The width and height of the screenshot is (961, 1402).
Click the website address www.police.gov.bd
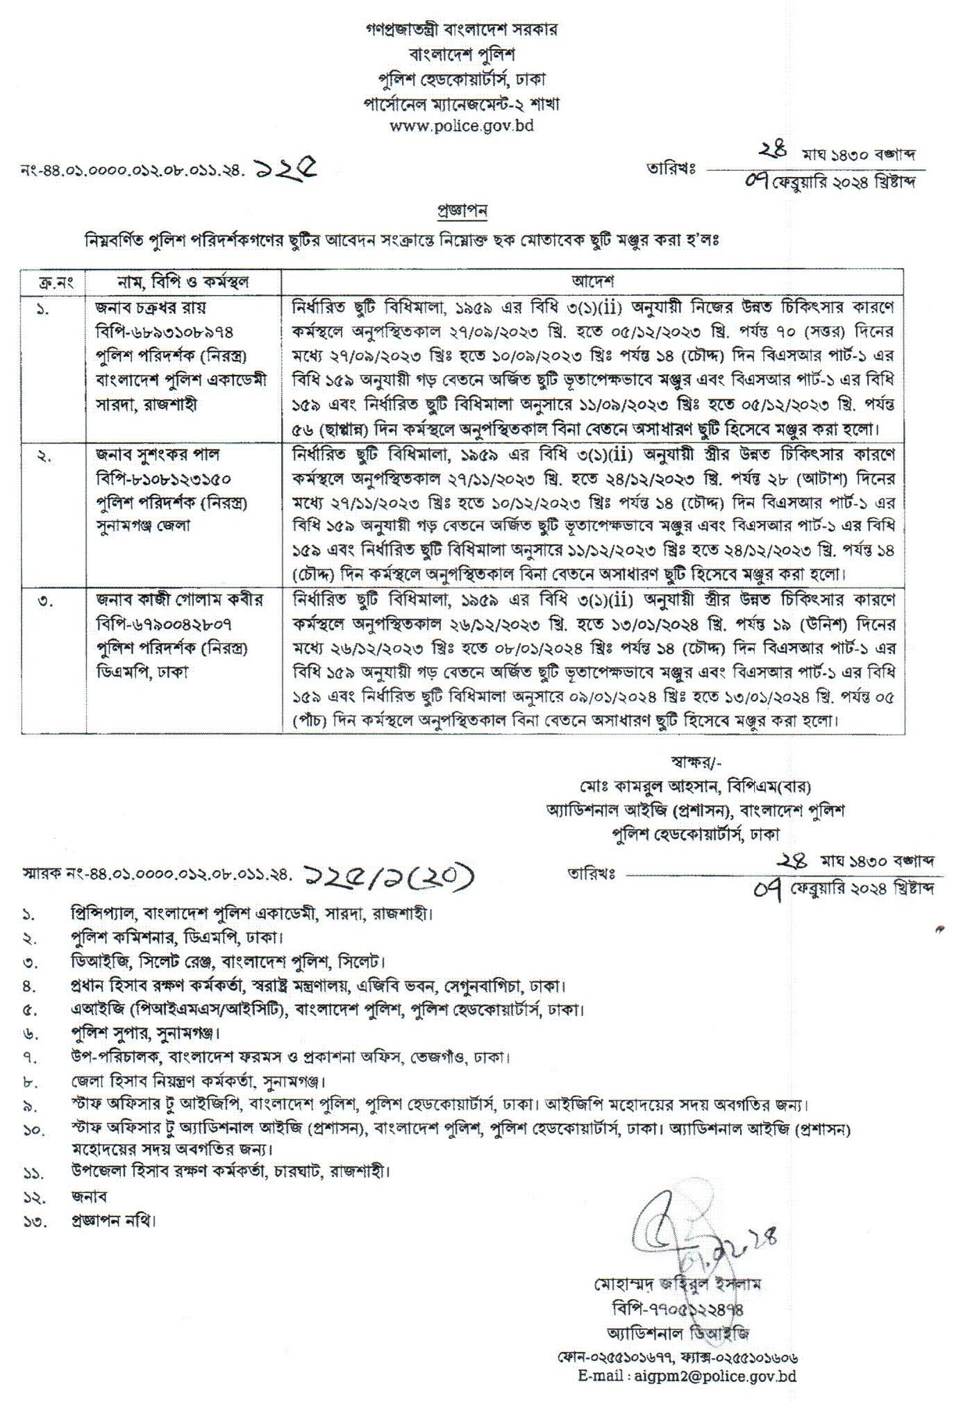pos(462,126)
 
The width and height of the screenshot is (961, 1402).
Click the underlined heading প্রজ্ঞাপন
pos(461,210)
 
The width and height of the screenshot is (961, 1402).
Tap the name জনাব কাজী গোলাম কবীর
pos(178,599)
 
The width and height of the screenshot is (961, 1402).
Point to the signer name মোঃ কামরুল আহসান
pos(628,787)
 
